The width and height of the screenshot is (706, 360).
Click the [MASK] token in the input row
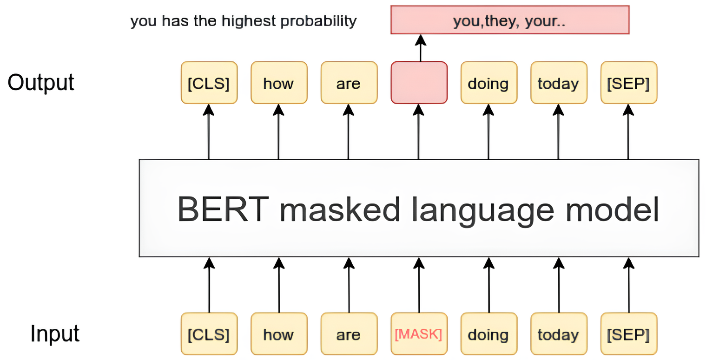419,334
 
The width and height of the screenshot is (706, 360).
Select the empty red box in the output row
419,83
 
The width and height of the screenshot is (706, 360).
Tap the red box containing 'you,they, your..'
510,20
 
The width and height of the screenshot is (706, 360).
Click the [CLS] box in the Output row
209,83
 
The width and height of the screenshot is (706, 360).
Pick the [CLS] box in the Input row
209,334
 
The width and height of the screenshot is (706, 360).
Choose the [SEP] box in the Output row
629,83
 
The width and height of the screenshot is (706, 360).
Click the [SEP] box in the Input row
629,334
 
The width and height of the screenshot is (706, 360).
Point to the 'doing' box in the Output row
489,83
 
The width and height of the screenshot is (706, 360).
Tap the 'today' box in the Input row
559,334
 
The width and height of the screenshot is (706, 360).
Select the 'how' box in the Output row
279,83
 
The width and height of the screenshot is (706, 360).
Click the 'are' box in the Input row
349,334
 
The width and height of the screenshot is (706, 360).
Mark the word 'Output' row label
40,83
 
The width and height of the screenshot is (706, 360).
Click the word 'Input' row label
54,333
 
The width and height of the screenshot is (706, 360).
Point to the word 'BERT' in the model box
223,209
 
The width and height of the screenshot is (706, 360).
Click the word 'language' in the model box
482,211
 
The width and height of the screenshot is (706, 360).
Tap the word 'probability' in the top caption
318,21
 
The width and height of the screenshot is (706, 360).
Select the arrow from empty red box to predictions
421,48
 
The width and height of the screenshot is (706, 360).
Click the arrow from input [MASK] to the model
419,285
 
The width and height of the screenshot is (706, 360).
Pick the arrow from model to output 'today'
559,131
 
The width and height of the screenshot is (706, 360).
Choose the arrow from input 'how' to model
279,285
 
